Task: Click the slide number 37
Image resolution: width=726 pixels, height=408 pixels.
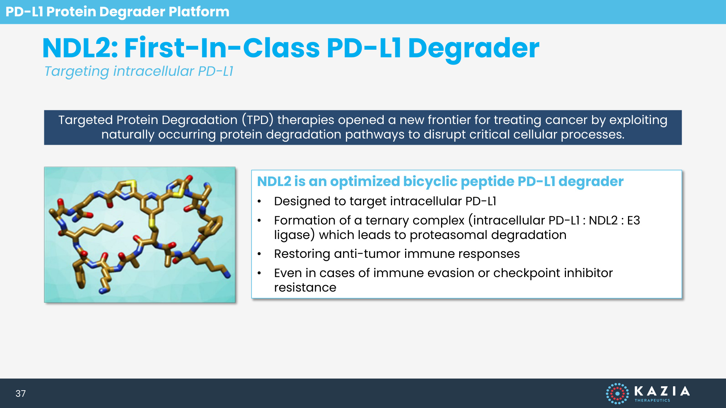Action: [x=21, y=393]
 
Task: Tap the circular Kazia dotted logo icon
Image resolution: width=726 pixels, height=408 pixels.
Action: [x=617, y=393]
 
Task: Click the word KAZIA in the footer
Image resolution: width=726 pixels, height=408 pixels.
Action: [x=662, y=391]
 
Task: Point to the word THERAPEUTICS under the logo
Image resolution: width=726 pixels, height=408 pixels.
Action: [x=652, y=400]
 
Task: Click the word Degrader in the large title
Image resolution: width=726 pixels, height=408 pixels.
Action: [x=474, y=49]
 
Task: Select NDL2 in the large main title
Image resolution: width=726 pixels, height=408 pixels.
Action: [x=80, y=48]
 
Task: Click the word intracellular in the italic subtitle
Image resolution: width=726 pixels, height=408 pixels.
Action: [x=154, y=71]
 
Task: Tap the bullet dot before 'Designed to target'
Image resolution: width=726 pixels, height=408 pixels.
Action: [x=259, y=202]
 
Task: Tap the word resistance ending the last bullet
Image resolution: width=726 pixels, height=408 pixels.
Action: [x=305, y=288]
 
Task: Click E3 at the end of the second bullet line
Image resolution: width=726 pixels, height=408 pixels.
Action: [x=633, y=221]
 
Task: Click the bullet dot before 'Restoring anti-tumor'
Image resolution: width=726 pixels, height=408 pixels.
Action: [x=259, y=254]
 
